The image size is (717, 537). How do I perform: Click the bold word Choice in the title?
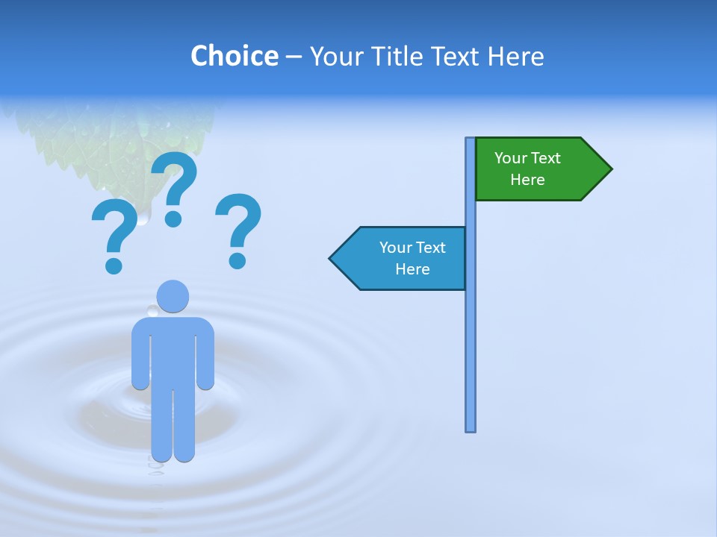pos(234,56)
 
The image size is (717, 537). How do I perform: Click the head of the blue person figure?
pos(173,296)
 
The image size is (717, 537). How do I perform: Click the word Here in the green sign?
pos(527,180)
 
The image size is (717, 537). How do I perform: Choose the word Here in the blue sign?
pos(412,269)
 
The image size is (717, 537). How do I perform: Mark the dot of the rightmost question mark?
pos(238,260)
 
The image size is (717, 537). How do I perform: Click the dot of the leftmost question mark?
pos(114,265)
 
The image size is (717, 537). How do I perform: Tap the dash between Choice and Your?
pos(294,57)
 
